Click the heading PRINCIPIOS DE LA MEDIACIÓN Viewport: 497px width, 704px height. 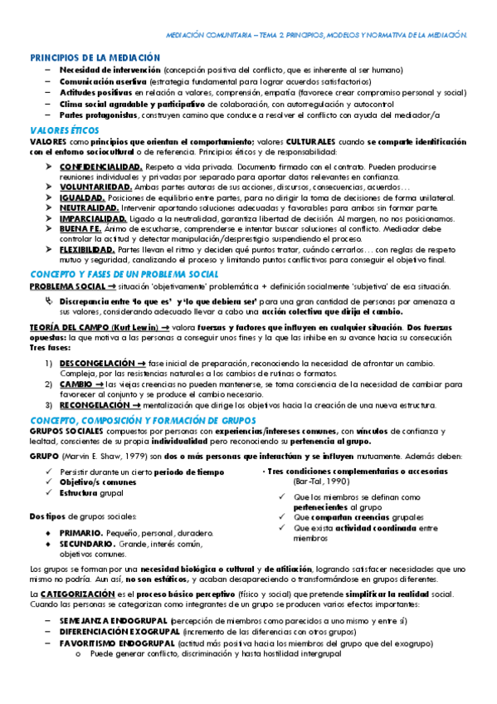point(95,57)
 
